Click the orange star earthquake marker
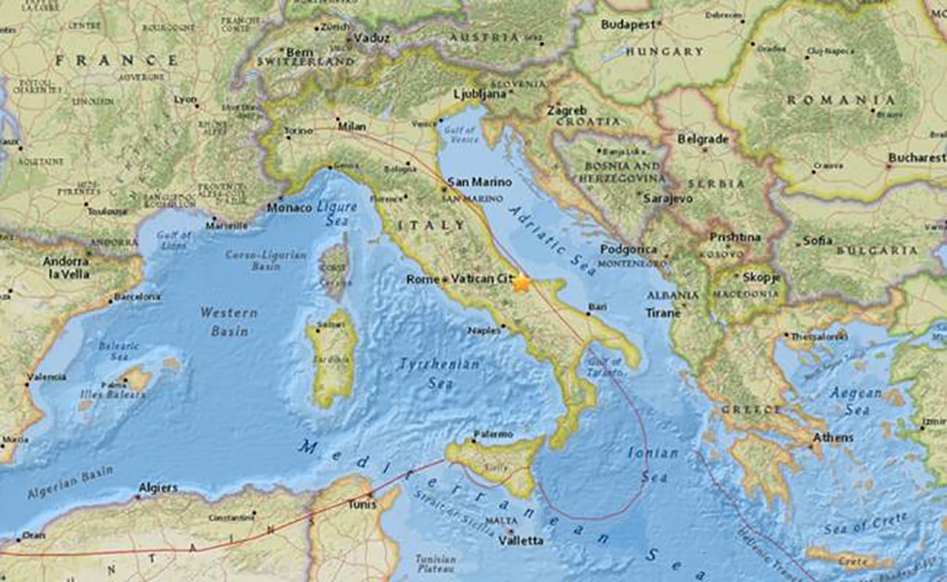click(522, 283)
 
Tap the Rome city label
click(422, 279)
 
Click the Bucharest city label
click(916, 158)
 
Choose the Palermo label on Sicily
click(492, 433)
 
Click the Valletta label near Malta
click(521, 540)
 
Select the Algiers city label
click(157, 487)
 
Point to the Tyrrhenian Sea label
click(440, 372)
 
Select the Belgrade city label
click(704, 139)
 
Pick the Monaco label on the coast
click(289, 207)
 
